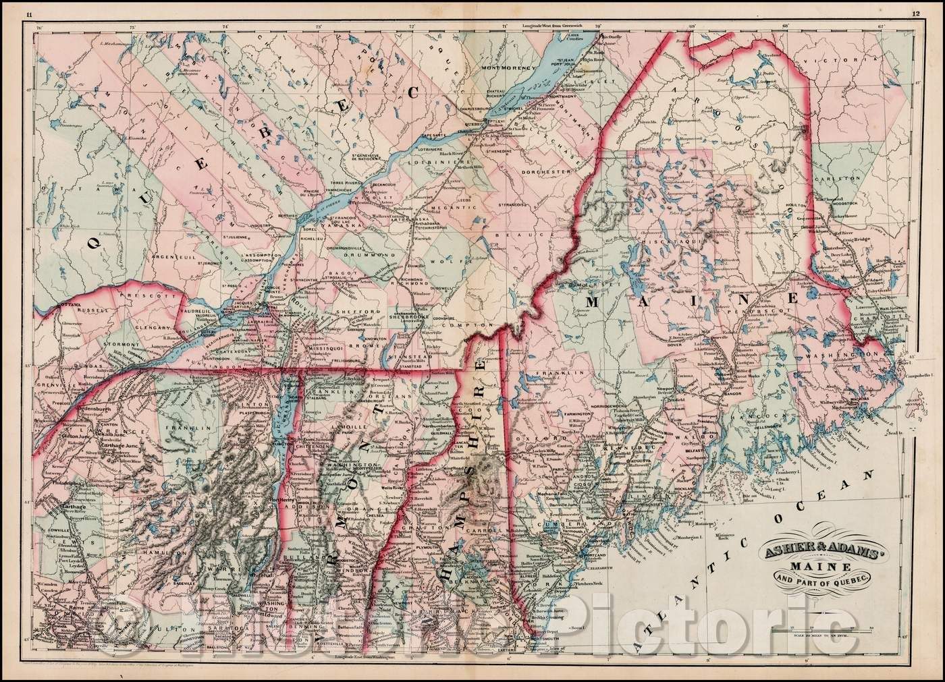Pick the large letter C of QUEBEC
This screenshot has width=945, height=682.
[411, 94]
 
